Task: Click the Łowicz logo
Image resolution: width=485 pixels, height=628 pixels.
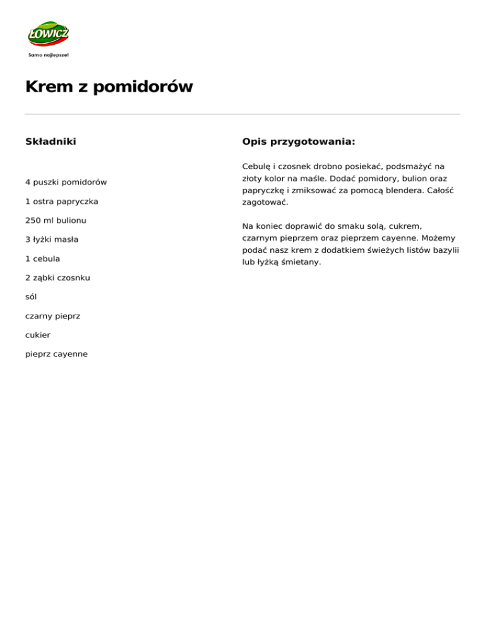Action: pos(48,34)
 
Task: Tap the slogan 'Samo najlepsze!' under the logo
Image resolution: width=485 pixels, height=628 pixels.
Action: pos(49,55)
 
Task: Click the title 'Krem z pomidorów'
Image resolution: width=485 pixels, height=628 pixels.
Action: pos(109,87)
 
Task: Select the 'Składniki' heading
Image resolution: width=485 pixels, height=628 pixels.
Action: pos(51,142)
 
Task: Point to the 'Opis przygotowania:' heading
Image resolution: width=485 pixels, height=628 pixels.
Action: pos(299,142)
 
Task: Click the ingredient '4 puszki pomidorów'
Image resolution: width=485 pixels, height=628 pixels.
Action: pos(66,182)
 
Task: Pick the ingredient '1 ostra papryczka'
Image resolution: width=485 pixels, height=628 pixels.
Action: pos(62,201)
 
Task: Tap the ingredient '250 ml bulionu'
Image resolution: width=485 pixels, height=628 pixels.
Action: pos(56,220)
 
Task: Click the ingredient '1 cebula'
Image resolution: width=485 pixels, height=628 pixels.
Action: pos(43,258)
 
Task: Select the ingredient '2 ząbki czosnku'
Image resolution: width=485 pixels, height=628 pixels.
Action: pos(58,277)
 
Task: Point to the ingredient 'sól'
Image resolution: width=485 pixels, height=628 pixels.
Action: pos(32,296)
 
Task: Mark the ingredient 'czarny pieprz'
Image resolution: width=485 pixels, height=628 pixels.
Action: pos(52,315)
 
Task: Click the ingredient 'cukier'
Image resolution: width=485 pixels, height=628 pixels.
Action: pos(38,334)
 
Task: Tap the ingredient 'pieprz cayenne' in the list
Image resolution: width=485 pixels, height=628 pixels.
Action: pos(56,354)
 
